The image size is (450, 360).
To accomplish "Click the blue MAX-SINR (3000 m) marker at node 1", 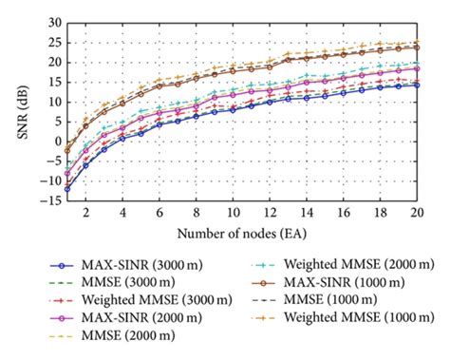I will pyautogui.click(x=67, y=189).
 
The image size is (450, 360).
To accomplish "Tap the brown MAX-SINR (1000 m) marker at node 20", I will pyautogui.click(x=416, y=47).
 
